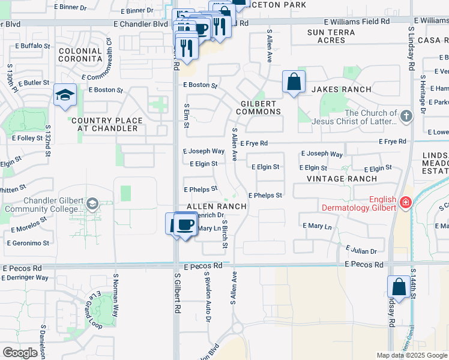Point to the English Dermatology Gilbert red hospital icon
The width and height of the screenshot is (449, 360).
pos(406,203)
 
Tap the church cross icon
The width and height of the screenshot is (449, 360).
pos(406,116)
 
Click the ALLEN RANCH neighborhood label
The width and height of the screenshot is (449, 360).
pos(217,206)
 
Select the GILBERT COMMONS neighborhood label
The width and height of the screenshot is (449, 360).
pos(261,107)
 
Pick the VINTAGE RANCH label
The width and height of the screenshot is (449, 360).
pos(342,179)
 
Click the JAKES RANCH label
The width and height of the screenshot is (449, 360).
pos(341,89)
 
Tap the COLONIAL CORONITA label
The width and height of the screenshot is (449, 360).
pos(80,55)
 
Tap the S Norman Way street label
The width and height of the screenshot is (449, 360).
pos(116,292)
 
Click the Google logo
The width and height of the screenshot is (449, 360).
pos(20,353)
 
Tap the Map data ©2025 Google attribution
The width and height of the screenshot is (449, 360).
pos(412,355)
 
